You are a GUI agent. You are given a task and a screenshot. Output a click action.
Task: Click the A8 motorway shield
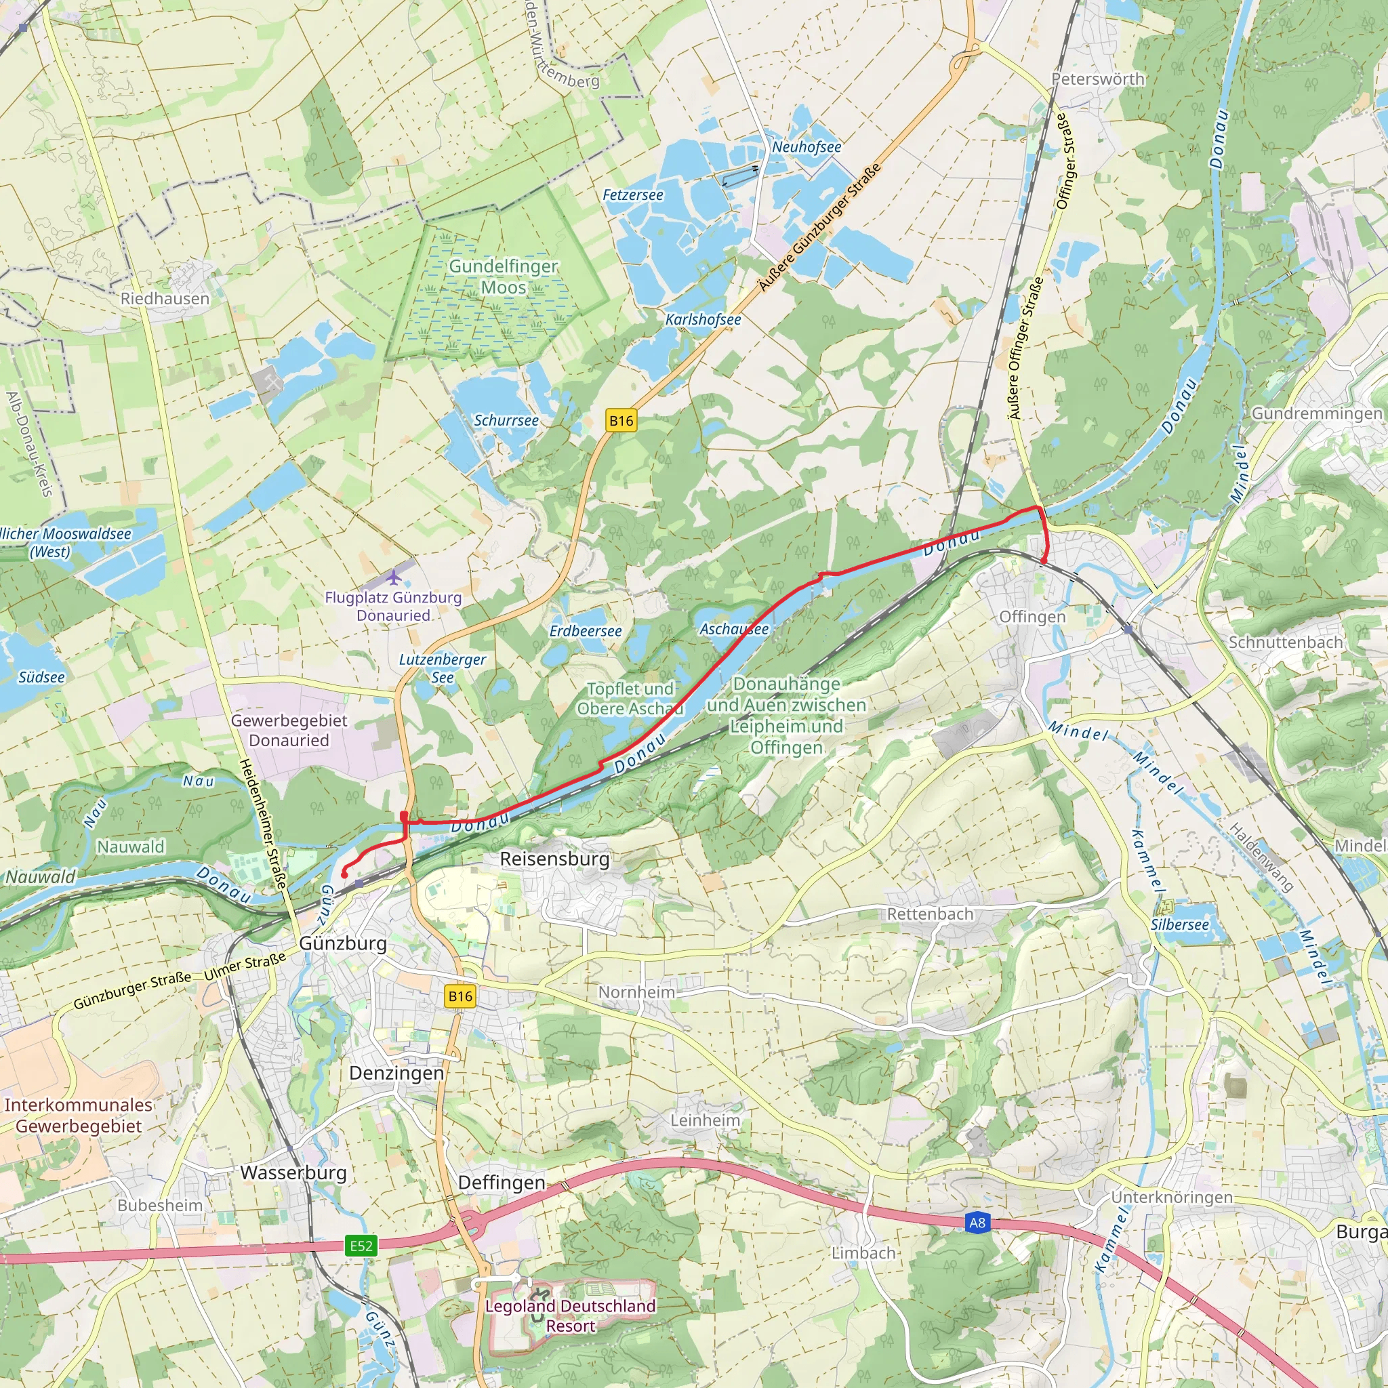[x=977, y=1223]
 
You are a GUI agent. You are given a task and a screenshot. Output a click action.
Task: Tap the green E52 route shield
[x=361, y=1245]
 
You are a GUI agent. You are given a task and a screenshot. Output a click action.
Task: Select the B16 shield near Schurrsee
[x=621, y=420]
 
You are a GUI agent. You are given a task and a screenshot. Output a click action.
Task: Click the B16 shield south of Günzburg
[x=460, y=996]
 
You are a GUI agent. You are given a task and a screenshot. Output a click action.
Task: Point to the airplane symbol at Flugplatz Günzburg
[x=393, y=577]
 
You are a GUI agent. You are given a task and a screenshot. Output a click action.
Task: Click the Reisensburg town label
[x=554, y=859]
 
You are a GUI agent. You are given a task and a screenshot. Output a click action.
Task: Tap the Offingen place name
[x=1032, y=617]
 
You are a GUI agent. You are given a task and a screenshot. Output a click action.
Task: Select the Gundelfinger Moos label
[x=503, y=277]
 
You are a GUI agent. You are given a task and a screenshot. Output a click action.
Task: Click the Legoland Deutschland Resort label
[x=571, y=1315]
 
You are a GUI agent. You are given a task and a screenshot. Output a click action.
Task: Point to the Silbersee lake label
[x=1180, y=924]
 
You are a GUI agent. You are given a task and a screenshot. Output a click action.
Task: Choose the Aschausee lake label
[x=733, y=630]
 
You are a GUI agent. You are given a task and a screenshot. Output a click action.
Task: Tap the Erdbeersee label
[x=585, y=631]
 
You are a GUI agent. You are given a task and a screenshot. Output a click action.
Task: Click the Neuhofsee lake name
[x=806, y=146]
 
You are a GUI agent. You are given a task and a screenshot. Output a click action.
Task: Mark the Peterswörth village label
[x=1098, y=79]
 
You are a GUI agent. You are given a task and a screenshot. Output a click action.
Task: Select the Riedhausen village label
[x=165, y=299]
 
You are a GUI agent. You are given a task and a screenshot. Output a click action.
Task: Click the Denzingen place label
[x=396, y=1073]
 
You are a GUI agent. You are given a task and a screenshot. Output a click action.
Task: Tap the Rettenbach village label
[x=930, y=914]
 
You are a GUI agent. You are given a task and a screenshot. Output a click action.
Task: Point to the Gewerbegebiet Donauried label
[x=289, y=730]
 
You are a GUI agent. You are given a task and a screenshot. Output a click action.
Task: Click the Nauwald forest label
[x=131, y=846]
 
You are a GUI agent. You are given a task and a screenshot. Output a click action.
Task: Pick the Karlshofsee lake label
[x=703, y=319]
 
